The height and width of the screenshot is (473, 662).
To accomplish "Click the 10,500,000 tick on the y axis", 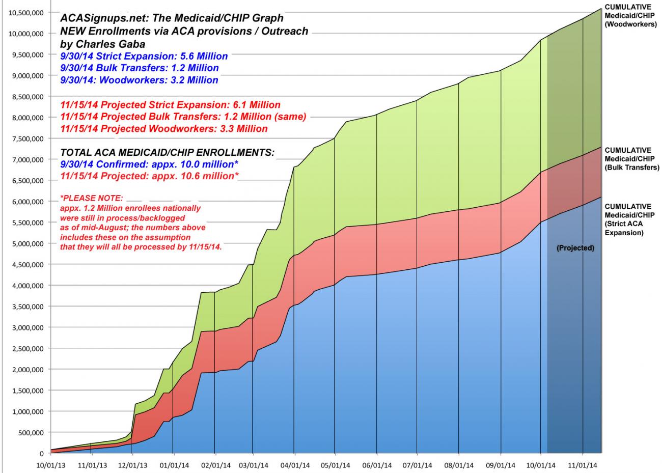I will (26, 12).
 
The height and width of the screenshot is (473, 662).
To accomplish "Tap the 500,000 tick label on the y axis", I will (31, 432).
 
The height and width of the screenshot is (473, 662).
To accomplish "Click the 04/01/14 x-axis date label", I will (294, 465).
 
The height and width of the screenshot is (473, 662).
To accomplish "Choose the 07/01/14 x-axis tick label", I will (417, 465).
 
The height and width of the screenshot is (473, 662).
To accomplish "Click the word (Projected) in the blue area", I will (575, 248).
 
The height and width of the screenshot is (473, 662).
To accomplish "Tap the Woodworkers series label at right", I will (630, 15).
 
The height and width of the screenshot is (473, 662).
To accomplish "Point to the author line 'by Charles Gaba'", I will (102, 43).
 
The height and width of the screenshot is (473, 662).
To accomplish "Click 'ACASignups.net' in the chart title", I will (95, 18).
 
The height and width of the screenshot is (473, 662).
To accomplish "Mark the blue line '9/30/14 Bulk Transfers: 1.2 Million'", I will (139, 68).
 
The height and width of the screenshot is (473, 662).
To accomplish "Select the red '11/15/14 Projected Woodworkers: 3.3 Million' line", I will (163, 129).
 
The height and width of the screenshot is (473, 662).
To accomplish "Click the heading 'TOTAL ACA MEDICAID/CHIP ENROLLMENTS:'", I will (167, 152).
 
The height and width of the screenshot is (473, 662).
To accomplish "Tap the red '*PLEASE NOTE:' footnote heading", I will (92, 197).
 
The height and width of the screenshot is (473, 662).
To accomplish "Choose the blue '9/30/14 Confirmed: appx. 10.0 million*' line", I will (149, 164).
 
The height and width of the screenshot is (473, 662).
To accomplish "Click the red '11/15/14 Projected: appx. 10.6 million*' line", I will (149, 176).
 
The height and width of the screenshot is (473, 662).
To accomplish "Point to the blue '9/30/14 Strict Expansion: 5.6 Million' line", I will (144, 56).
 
